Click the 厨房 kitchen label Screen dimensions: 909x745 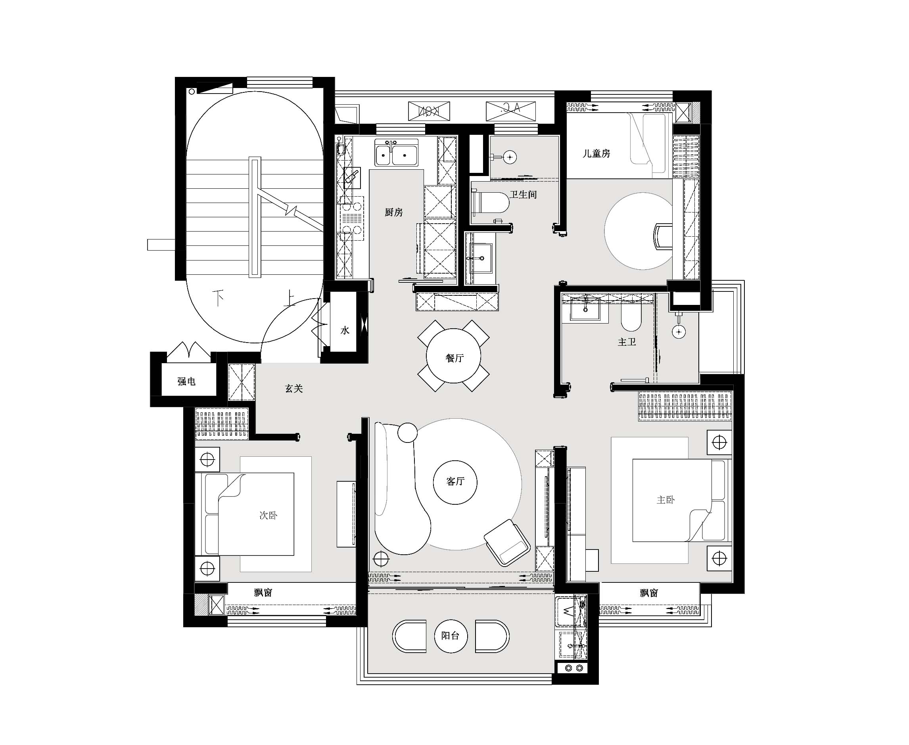(393, 212)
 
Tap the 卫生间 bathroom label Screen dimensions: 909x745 (523, 194)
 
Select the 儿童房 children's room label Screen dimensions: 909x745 (596, 153)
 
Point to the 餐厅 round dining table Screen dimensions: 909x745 (454, 356)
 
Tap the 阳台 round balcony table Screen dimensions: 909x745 (450, 636)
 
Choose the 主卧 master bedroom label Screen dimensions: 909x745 (665, 500)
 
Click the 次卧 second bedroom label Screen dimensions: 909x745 (268, 515)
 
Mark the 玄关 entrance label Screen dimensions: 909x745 (294, 389)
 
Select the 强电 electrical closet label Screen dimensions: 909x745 (186, 381)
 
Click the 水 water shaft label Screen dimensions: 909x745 (345, 330)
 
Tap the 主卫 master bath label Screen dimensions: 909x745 (627, 342)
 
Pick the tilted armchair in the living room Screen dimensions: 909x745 (507, 543)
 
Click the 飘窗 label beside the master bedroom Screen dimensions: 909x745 (649, 593)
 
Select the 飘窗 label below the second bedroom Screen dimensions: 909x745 (263, 593)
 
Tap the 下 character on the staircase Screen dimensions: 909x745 (219, 297)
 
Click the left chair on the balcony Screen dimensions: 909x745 (409, 636)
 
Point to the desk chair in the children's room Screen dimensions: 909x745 (663, 236)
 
